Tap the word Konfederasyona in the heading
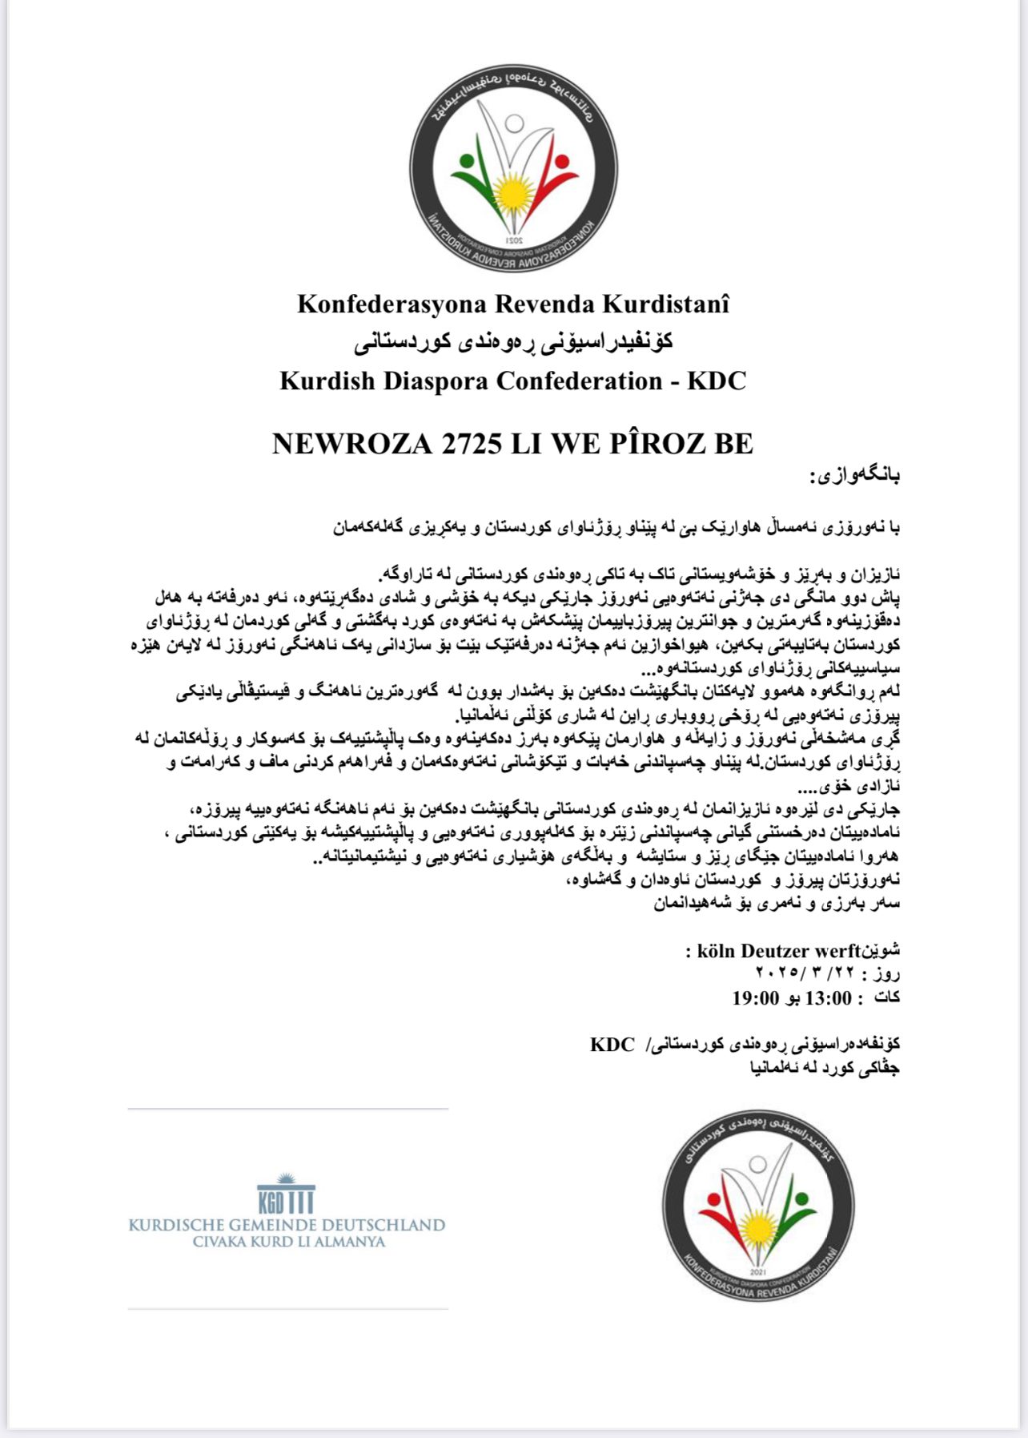pos(392,304)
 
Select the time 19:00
pos(755,997)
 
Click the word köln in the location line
pos(717,951)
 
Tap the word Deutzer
pos(776,951)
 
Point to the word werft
pos(837,951)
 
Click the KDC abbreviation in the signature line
pos(612,1045)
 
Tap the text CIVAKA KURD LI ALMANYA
pos(288,1243)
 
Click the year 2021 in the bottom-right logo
pos(757,1271)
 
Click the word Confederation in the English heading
pos(579,381)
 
